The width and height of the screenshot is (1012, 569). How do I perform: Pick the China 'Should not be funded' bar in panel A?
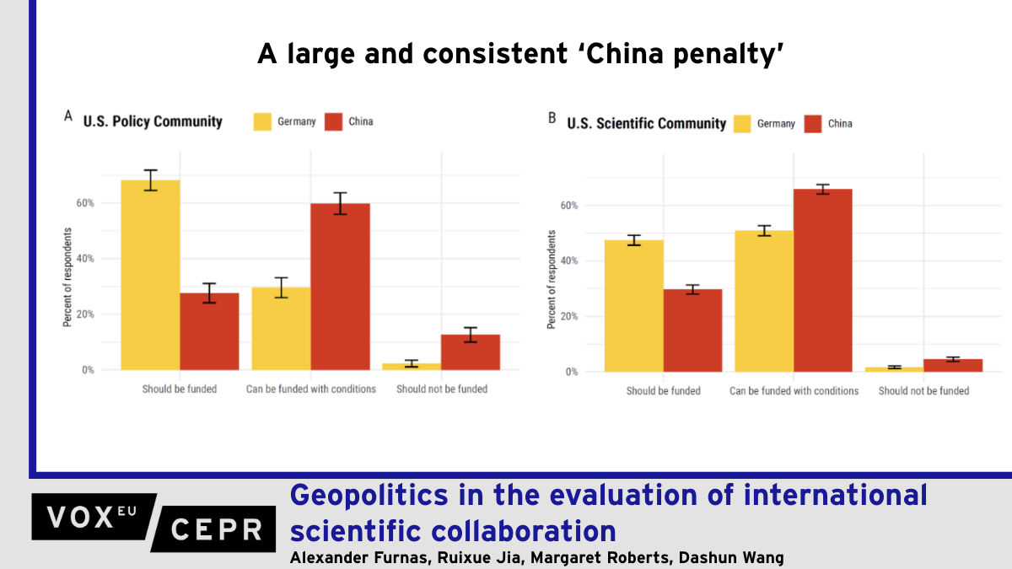tap(471, 352)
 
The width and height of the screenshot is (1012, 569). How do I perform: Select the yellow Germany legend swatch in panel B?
tap(742, 124)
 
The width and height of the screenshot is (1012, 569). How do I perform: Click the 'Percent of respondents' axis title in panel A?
tap(67, 276)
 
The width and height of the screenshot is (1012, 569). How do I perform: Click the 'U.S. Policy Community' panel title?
tap(153, 121)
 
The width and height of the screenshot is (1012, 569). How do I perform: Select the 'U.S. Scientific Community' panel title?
tap(646, 124)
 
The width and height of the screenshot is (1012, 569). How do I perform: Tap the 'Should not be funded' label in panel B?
tap(923, 391)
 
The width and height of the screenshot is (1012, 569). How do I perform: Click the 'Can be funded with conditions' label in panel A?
tap(311, 389)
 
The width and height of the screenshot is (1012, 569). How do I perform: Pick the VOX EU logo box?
tap(93, 517)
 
